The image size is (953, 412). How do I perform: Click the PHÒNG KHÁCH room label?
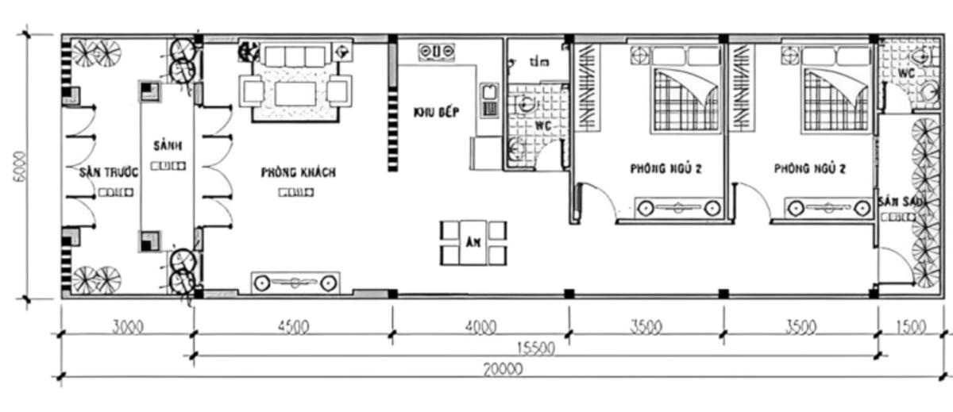(298, 172)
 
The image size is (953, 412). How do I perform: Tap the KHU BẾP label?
(436, 112)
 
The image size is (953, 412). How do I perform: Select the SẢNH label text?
(168, 146)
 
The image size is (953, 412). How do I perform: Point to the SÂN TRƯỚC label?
(109, 172)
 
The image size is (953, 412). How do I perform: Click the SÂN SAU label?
(901, 202)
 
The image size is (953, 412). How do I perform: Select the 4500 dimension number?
(294, 325)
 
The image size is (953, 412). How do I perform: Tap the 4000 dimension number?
(480, 325)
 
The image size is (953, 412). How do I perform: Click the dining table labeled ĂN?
(473, 242)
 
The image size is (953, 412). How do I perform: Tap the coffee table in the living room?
(295, 94)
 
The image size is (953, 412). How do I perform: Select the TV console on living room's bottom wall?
(295, 282)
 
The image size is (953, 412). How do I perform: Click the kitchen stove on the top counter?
(437, 52)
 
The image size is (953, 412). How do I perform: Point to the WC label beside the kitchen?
(543, 126)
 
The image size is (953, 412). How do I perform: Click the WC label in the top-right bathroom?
(907, 72)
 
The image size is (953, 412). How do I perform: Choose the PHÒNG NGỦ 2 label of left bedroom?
(666, 168)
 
